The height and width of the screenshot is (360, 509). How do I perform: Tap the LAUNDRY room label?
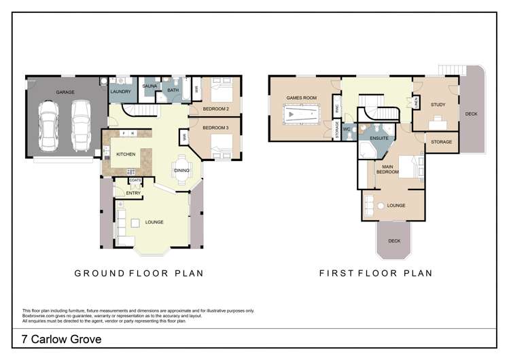click(x=120, y=92)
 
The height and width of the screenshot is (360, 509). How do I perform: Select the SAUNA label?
click(x=150, y=88)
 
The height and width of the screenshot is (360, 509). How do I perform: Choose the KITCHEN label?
click(x=126, y=154)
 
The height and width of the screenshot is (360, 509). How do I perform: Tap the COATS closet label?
click(x=134, y=181)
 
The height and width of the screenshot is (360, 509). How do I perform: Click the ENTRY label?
click(x=133, y=194)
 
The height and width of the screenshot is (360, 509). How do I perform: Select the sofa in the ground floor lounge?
click(x=121, y=223)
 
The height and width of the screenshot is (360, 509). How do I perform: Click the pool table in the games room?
click(x=300, y=116)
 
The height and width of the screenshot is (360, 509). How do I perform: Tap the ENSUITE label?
click(x=379, y=139)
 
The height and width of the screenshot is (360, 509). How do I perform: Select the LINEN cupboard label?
click(x=417, y=102)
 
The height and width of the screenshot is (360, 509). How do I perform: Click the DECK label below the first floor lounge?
click(x=394, y=240)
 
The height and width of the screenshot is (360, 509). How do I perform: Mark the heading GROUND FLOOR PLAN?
click(x=140, y=274)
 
